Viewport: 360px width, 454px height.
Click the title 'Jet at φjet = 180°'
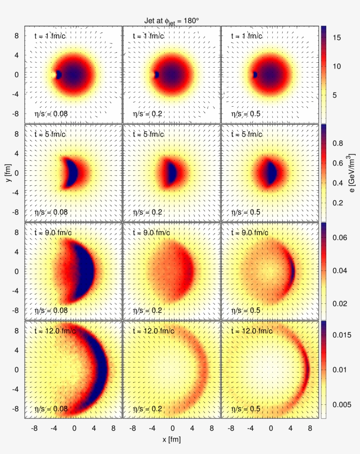tap(172, 20)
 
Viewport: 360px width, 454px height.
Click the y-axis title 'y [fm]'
tap(9, 173)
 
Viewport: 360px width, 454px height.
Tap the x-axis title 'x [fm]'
tap(172, 440)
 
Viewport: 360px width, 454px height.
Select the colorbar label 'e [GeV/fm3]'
tap(353, 173)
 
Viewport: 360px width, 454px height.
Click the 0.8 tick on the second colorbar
tap(337, 144)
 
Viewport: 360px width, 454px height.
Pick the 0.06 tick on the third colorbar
tap(339, 238)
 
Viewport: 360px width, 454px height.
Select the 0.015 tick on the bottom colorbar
tap(341, 335)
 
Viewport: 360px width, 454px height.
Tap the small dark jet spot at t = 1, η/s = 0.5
tap(255, 75)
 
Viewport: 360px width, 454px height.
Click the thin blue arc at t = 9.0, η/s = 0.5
tap(292, 271)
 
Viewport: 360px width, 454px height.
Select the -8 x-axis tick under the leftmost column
tap(35, 426)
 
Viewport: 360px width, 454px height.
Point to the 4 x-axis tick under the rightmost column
tap(291, 426)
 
